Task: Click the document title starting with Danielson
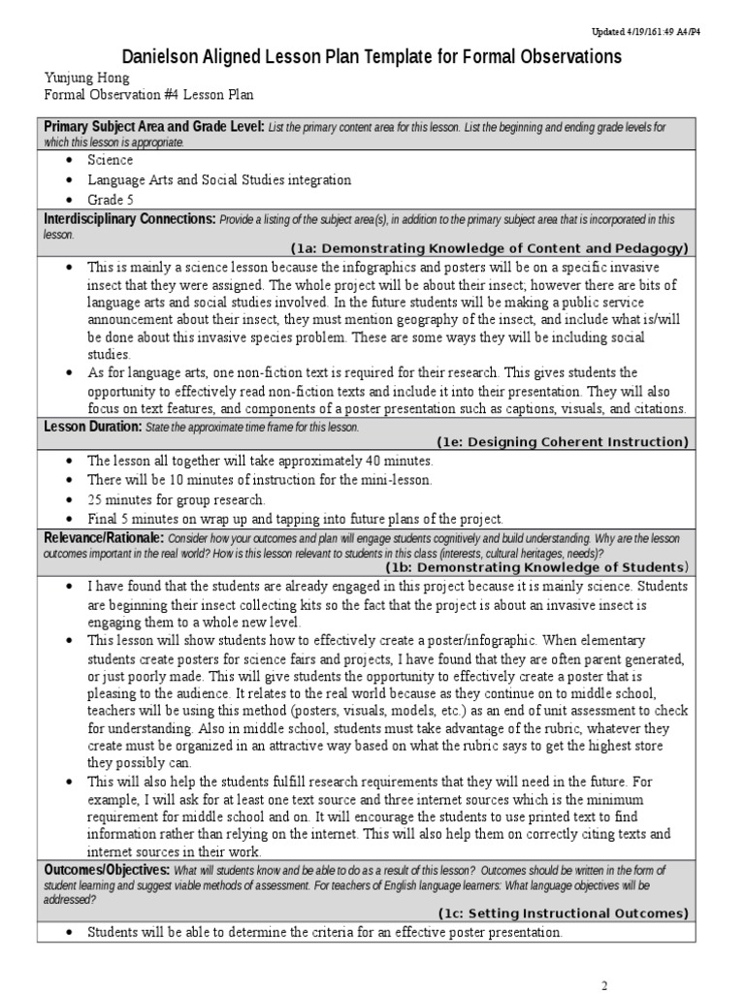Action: point(372,57)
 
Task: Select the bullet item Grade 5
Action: point(111,199)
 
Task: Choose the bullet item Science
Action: point(111,160)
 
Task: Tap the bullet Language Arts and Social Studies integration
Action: point(219,179)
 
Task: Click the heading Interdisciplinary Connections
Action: point(128,220)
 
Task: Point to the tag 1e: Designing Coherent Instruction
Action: point(562,441)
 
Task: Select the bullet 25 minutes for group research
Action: point(177,499)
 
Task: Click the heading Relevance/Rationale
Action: point(104,538)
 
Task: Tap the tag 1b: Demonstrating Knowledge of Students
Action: point(549,566)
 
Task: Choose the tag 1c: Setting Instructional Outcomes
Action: point(562,913)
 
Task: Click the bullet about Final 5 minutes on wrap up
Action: point(295,519)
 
